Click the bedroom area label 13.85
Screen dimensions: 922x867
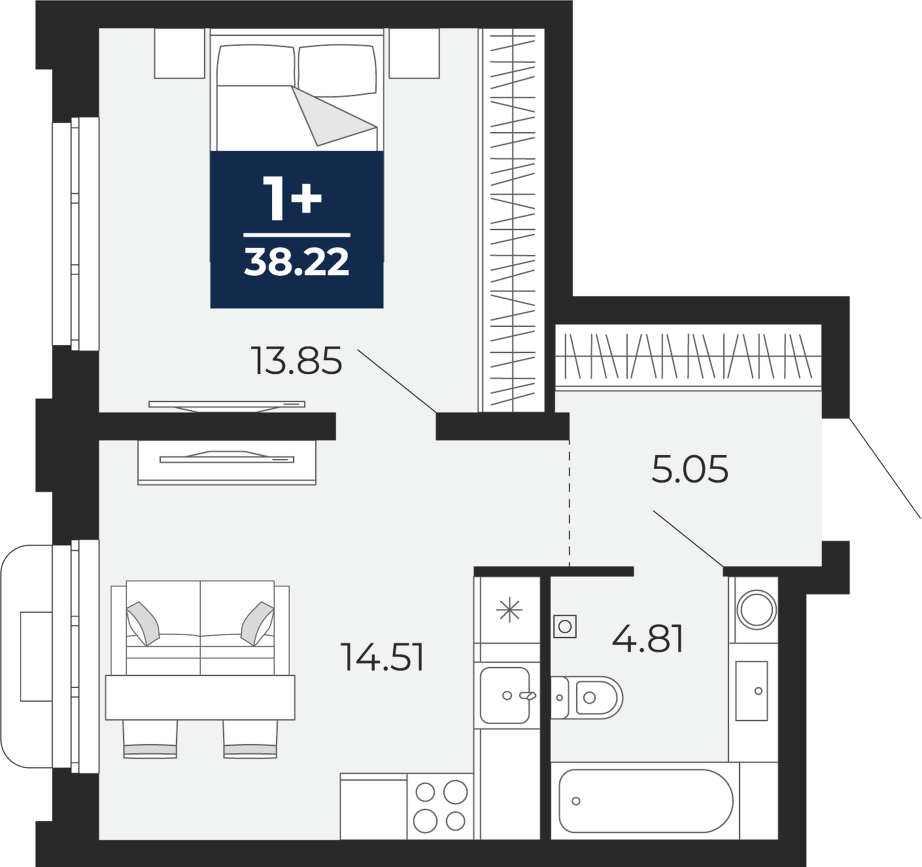point(296,361)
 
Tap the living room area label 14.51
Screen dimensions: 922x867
point(382,657)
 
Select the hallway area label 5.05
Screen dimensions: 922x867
point(690,469)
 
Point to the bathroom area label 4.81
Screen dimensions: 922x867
point(647,639)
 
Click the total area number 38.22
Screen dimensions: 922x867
point(297,262)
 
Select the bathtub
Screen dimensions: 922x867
point(646,800)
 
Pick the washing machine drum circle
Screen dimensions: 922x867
point(757,609)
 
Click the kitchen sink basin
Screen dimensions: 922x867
point(505,695)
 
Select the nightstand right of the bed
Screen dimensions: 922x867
point(414,53)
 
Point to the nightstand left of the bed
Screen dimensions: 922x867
point(180,53)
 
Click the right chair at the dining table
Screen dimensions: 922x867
point(250,739)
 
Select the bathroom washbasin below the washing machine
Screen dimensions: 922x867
point(751,691)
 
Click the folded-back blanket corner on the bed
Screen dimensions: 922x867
point(335,115)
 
